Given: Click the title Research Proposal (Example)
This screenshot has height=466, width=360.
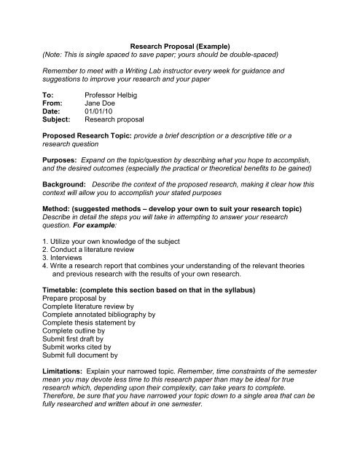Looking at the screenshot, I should tap(179, 44).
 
